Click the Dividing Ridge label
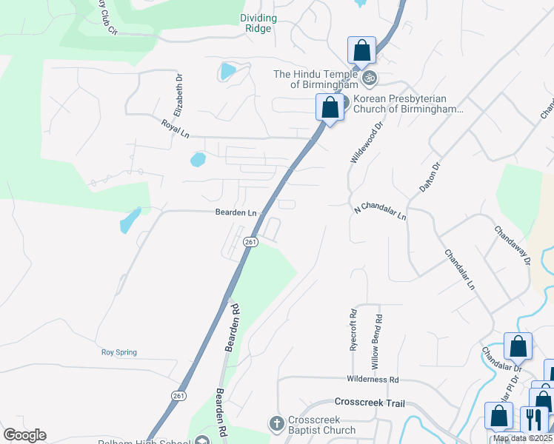258,23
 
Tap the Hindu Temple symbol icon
369,77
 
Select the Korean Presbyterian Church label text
408,104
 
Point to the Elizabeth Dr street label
178,95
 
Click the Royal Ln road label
176,126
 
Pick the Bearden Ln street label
236,212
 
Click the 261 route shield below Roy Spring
178,397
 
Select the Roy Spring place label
119,352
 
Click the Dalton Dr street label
430,178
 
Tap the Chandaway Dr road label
513,245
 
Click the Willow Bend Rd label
378,342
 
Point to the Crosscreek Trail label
370,403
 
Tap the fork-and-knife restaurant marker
533,420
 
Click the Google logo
24,435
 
